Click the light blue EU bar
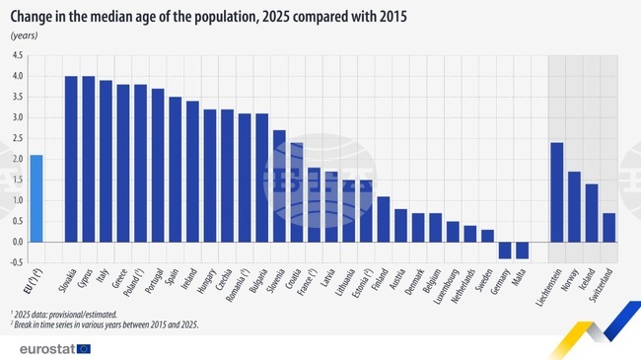[36, 198]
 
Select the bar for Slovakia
[71, 159]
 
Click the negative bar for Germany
[505, 250]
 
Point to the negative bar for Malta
[523, 250]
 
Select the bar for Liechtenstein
[557, 192]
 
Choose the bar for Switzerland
[609, 227]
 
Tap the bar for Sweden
[487, 236]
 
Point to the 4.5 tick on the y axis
[18, 55]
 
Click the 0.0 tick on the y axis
[18, 242]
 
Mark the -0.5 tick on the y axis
[17, 262]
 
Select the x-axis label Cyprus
[86, 282]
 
